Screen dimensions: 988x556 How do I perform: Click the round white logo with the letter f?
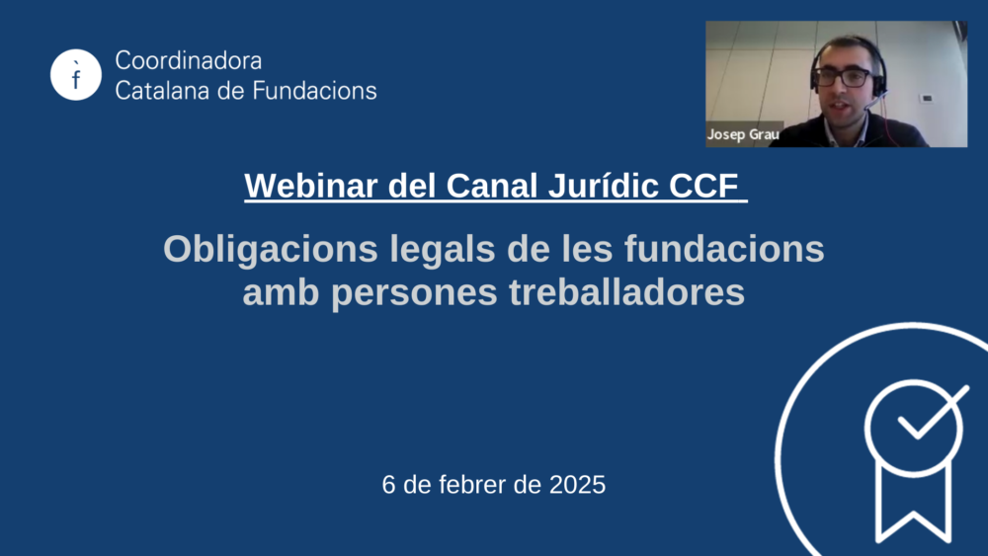[76, 75]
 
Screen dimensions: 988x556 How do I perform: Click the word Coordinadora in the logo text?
[189, 61]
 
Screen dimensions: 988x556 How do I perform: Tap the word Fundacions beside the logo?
[315, 91]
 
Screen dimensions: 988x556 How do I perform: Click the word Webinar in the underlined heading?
[310, 186]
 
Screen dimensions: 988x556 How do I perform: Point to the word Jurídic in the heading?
[603, 186]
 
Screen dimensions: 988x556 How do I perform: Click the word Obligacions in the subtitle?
[271, 249]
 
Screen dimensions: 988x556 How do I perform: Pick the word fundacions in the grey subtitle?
[724, 249]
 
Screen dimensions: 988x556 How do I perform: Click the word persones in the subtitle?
[414, 292]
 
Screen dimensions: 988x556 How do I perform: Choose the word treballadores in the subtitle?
[627, 291]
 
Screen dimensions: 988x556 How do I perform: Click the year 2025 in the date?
[577, 485]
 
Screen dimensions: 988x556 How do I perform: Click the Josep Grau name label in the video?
[743, 134]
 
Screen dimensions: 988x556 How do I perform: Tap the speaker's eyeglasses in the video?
[843, 77]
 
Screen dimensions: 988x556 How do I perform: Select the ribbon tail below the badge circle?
[913, 504]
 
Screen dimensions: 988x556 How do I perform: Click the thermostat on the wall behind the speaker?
[927, 98]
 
